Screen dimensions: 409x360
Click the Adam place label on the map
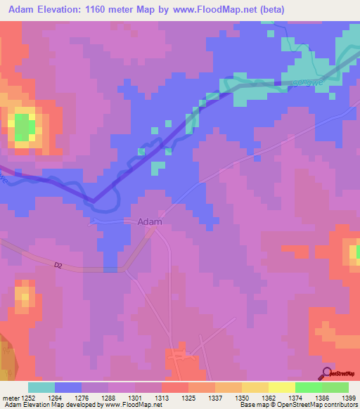click(x=150, y=221)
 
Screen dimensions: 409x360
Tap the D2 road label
click(x=58, y=265)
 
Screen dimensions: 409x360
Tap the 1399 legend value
click(x=348, y=398)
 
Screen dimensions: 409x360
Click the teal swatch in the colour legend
click(x=41, y=387)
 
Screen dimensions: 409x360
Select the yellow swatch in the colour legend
click(x=281, y=387)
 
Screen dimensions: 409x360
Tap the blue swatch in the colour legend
click(x=67, y=387)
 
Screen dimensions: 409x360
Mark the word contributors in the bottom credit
click(x=340, y=405)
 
